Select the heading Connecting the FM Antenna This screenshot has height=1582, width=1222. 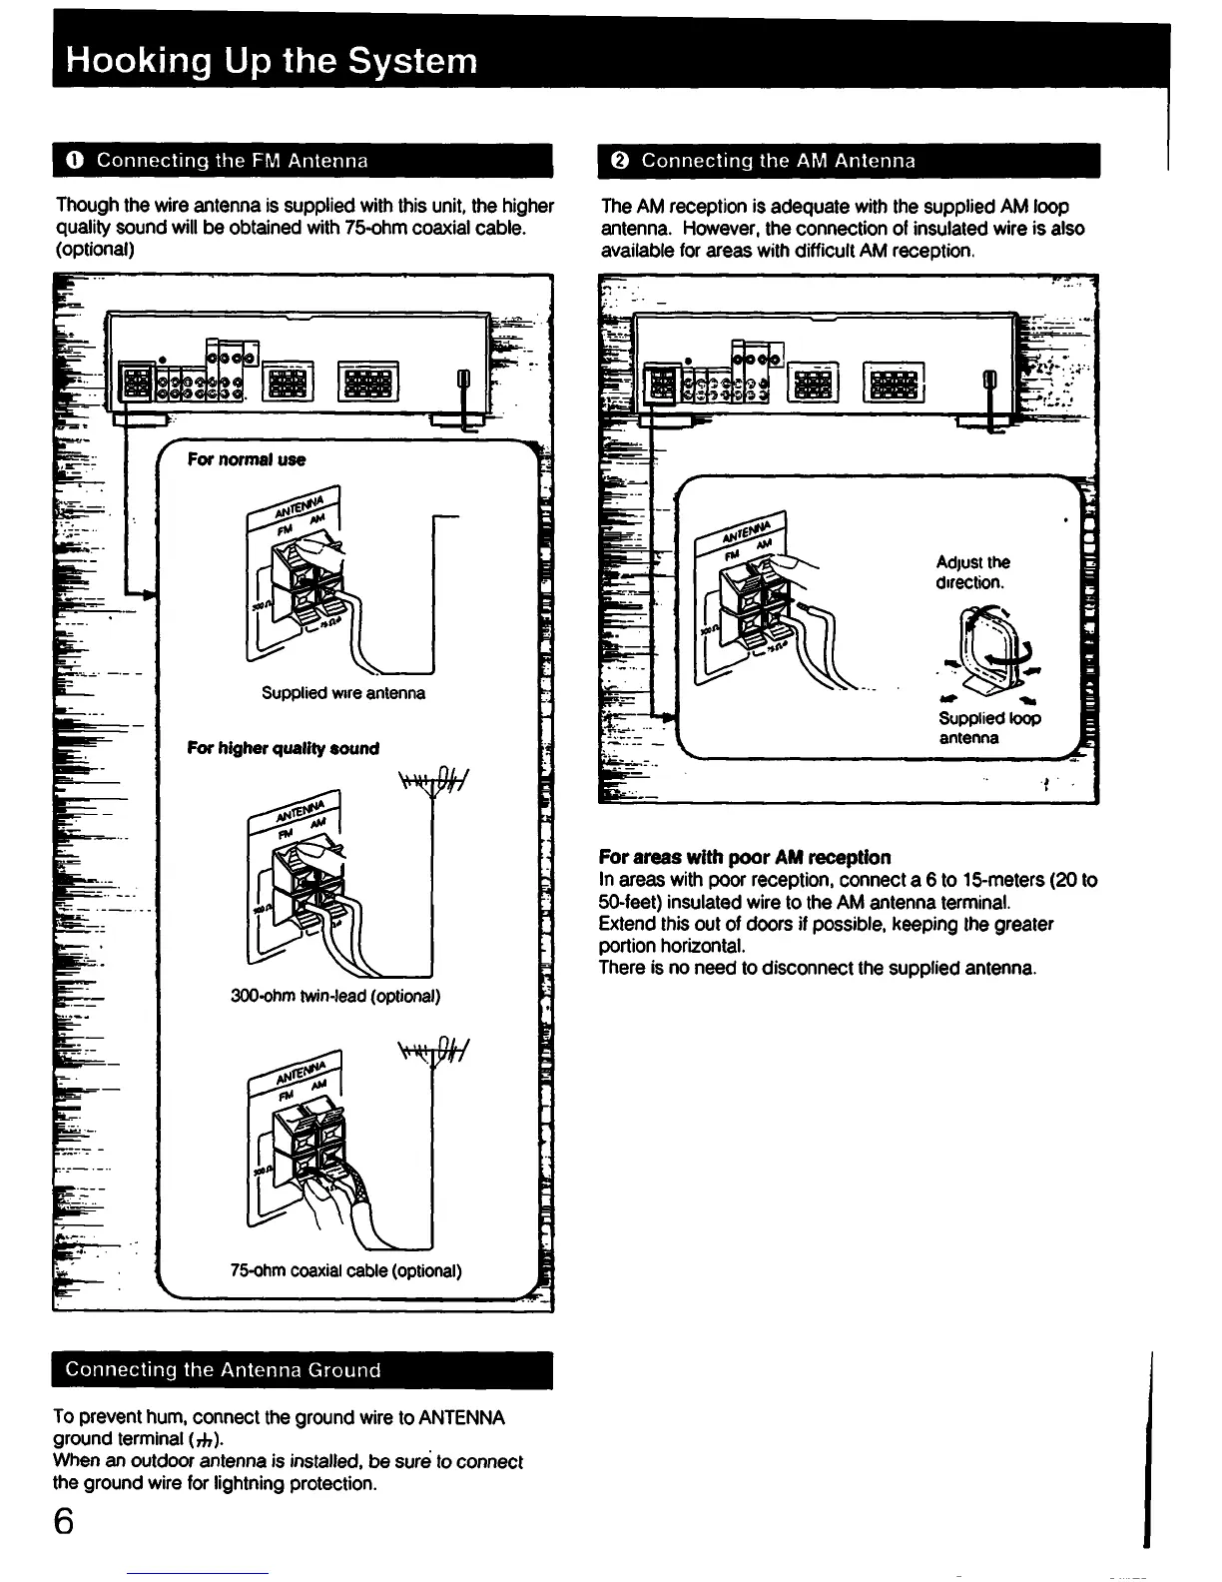pos(233,161)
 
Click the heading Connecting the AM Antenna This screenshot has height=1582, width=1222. pos(778,161)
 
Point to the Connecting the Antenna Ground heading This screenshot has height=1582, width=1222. pos(223,1370)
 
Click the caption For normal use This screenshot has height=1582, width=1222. pos(246,459)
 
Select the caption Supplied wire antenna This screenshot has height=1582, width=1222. pos(342,692)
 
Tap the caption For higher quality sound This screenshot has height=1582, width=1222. pos(283,748)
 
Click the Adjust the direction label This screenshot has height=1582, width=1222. pos(972,572)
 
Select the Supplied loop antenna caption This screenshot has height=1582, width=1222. pos(988,728)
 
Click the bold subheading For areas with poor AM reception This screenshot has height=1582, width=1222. pos(745,857)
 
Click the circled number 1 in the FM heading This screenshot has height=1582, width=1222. pos(76,161)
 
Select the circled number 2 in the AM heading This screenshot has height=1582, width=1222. pos(619,161)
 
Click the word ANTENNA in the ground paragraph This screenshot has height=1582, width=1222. pos(460,1418)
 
